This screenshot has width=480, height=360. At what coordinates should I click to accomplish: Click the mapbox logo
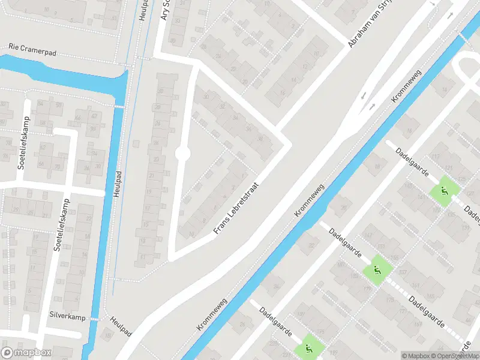point(25,353)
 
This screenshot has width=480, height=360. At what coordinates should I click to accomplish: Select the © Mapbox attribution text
point(416,356)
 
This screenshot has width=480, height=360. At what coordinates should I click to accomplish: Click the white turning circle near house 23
point(182,154)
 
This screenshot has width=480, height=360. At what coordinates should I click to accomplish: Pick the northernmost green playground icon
point(445,191)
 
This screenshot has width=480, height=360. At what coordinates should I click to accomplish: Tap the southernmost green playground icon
point(309,347)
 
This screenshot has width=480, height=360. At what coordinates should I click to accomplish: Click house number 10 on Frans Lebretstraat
point(191,233)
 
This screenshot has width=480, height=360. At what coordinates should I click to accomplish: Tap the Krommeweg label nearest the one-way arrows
point(407,88)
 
